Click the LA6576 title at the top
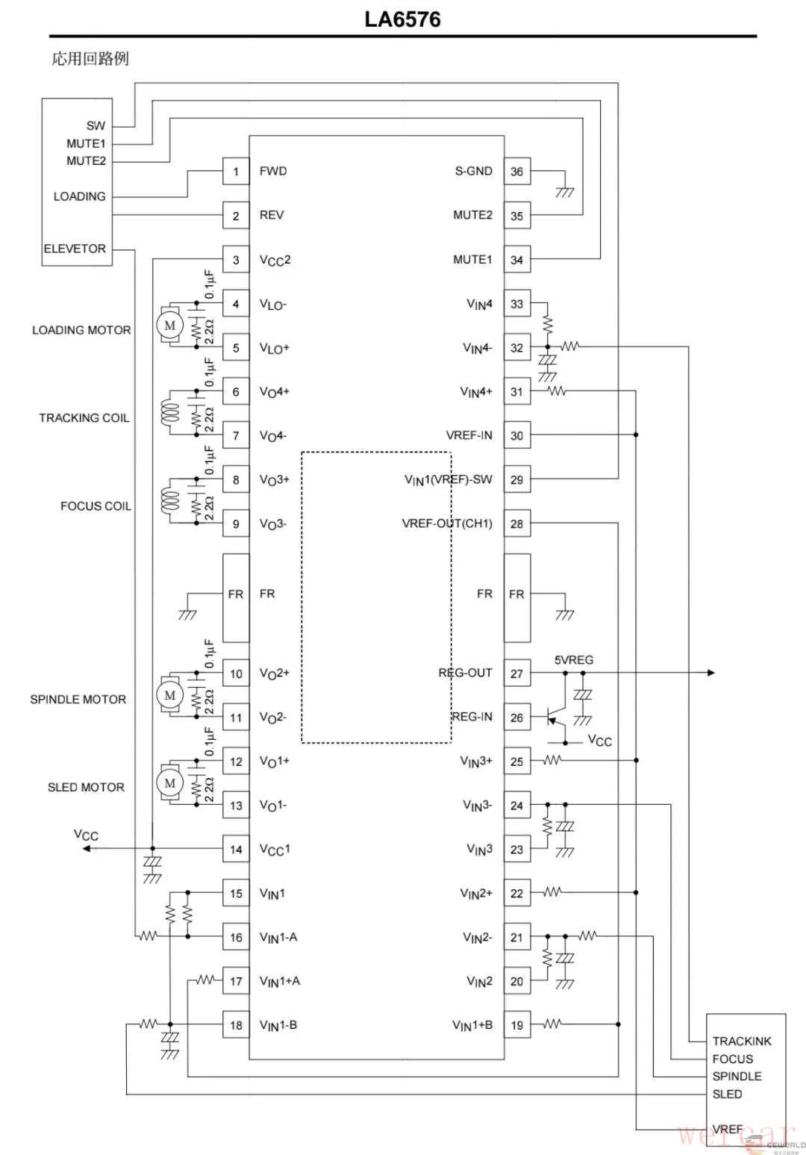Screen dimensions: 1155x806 click(402, 19)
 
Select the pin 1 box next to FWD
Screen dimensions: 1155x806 click(236, 171)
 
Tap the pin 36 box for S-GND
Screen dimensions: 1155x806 click(517, 171)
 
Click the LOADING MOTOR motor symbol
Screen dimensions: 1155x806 click(170, 325)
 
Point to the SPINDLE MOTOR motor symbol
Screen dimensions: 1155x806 click(170, 695)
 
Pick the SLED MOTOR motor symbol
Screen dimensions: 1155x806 click(170, 782)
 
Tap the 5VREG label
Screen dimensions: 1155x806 click(574, 660)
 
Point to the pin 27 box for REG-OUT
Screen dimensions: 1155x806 click(517, 673)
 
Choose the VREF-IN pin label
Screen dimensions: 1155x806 click(469, 435)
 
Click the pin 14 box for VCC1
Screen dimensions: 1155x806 click(236, 849)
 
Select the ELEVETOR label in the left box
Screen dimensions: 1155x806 click(75, 249)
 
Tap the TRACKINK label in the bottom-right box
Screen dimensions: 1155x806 click(742, 1041)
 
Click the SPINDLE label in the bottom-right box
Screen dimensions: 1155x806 click(737, 1076)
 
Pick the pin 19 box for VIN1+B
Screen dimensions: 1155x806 click(517, 1025)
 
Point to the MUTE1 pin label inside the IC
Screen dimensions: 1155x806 click(472, 259)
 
